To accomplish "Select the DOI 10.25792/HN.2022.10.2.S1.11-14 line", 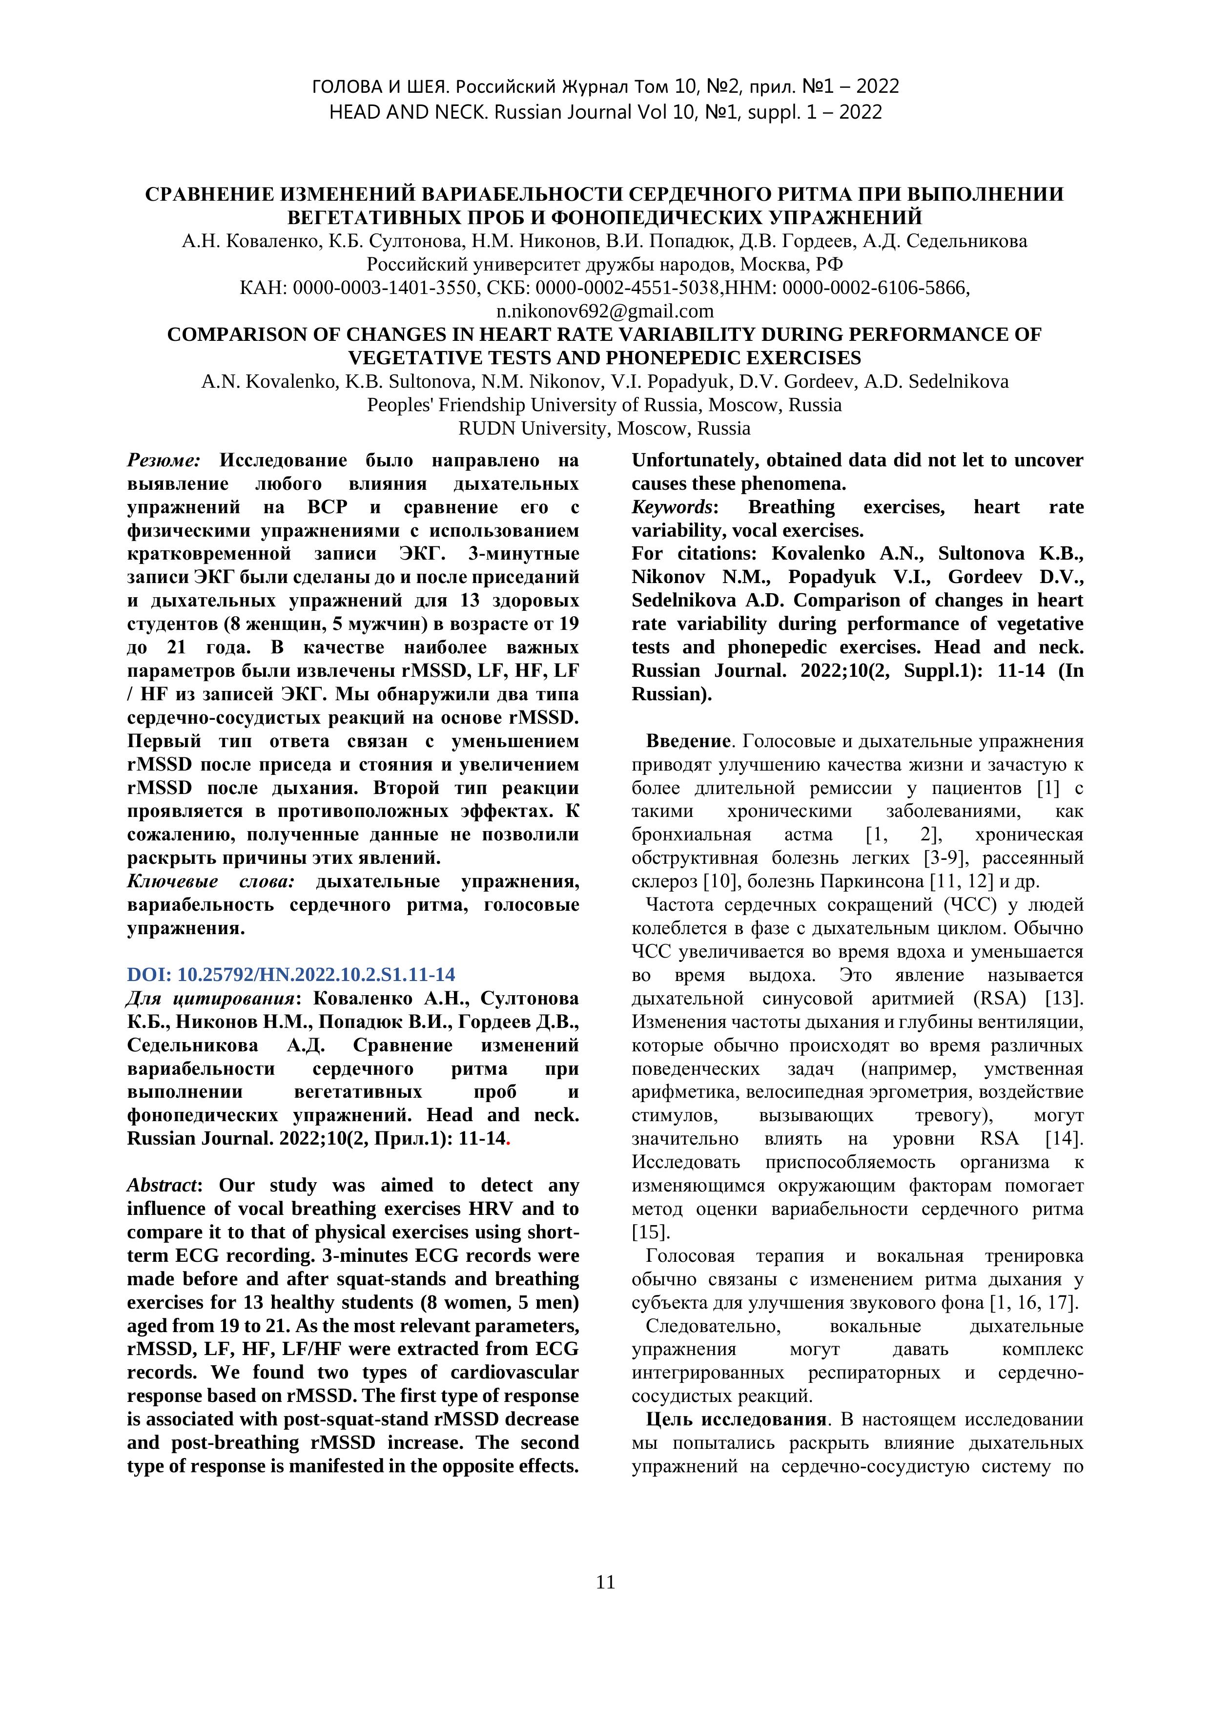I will click(291, 974).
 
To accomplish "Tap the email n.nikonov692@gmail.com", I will click(605, 311).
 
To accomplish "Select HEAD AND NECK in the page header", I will click(409, 112).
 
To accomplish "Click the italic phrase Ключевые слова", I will click(211, 881).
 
